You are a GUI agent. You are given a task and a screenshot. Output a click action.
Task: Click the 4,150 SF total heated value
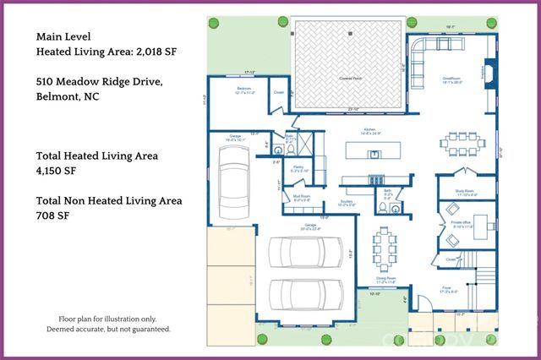point(58,172)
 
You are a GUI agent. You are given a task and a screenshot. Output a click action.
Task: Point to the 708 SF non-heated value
point(52,217)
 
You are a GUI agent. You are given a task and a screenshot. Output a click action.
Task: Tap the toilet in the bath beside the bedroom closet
point(289,148)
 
